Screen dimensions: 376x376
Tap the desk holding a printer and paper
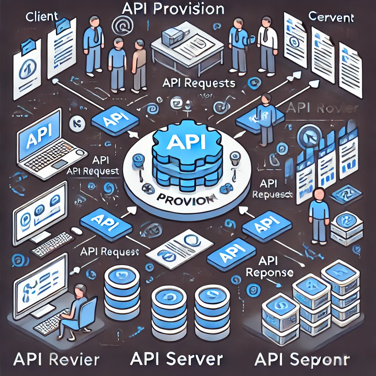coord(187,48)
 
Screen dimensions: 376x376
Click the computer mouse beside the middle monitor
coord(76,231)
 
